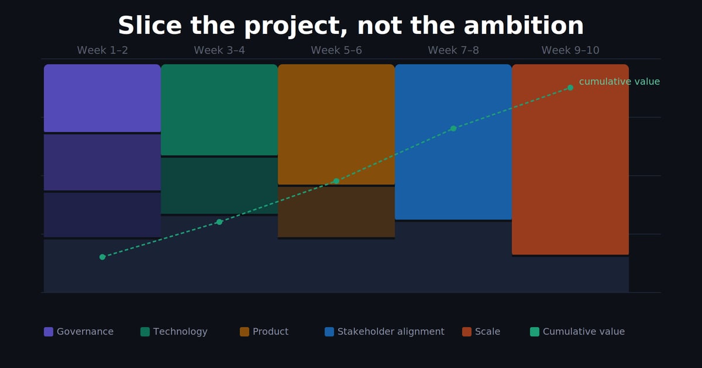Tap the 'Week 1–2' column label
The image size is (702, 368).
tap(102, 51)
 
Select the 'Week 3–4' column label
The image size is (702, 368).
tap(219, 51)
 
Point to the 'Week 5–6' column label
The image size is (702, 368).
tap(336, 51)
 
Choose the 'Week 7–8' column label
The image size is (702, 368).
tap(453, 51)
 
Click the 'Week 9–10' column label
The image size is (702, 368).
tap(570, 51)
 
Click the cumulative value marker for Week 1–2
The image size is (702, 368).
tap(102, 257)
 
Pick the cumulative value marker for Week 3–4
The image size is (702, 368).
tap(219, 222)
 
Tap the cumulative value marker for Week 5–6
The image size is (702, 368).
tap(336, 181)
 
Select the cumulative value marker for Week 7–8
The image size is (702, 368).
tap(453, 129)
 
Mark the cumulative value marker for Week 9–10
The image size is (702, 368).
tap(570, 88)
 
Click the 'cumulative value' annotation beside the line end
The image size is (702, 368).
tap(619, 82)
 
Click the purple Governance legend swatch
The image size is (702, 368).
tap(49, 332)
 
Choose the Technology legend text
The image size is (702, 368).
tap(180, 332)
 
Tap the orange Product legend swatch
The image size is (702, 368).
tap(245, 332)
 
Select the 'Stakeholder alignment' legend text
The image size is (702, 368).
tap(391, 332)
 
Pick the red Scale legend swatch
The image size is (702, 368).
tap(467, 332)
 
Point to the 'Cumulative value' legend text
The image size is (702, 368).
tap(583, 332)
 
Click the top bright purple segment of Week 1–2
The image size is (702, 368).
tap(102, 98)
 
